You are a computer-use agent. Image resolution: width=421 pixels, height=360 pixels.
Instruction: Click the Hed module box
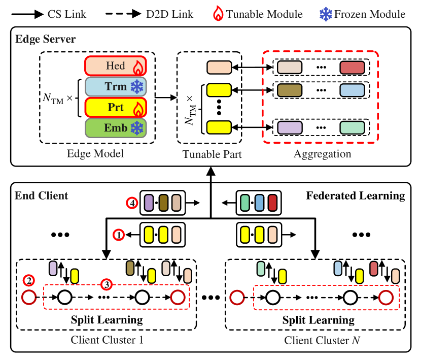coord(116,66)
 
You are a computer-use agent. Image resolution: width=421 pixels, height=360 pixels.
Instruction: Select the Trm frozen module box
coord(116,87)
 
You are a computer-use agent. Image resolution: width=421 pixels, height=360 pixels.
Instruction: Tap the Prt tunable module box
coord(116,108)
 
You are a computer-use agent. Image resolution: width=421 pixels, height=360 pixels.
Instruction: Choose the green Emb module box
coord(116,128)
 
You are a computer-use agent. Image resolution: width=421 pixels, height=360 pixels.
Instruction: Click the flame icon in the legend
coord(218,14)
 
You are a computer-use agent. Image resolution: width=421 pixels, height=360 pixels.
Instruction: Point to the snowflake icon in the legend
coord(325,14)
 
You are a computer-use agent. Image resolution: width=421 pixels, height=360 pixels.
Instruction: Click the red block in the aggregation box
coord(352,68)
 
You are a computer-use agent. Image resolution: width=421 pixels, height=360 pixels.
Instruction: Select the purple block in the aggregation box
coord(290,127)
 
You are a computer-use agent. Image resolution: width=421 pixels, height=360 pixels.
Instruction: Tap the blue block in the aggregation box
coord(352,90)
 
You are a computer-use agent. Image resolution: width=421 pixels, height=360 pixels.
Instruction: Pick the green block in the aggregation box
coord(352,127)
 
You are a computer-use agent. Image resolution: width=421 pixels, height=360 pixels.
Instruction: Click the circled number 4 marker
coord(132,203)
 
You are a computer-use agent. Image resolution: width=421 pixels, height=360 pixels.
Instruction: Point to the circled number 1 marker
coord(118,235)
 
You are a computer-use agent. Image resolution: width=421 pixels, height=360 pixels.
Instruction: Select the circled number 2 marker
coord(29,280)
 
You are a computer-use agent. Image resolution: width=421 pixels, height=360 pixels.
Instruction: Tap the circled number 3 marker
coord(106,284)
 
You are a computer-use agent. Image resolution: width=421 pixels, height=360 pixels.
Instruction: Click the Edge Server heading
coord(46,40)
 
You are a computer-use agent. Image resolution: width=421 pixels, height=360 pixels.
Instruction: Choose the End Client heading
coord(41,195)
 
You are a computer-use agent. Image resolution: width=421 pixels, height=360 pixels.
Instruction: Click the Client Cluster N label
coord(322,340)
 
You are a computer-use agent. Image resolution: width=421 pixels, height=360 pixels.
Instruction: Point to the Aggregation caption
coord(322,154)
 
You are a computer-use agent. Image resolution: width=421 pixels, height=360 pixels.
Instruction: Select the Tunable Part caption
coord(212,154)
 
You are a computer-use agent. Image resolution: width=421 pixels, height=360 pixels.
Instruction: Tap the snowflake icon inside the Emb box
coord(137,128)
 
